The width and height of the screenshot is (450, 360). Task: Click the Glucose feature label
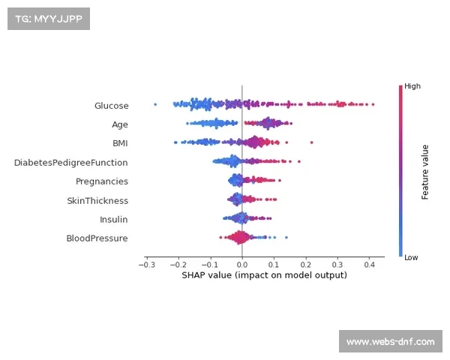(x=111, y=106)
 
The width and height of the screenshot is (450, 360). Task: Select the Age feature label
(x=120, y=124)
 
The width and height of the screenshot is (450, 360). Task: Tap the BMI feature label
(x=120, y=143)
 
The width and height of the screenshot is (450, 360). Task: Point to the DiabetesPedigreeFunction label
(x=70, y=162)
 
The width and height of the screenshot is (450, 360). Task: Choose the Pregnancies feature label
(x=101, y=181)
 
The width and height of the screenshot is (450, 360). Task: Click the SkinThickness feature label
(x=97, y=200)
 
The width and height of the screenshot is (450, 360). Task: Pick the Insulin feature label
(x=113, y=219)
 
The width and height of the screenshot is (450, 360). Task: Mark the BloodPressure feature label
(x=97, y=238)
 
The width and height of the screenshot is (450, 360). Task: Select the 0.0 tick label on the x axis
(x=241, y=265)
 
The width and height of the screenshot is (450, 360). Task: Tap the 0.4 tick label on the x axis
(x=369, y=265)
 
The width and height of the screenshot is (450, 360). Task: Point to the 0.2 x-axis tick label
(x=305, y=265)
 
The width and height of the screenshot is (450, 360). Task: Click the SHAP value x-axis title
(x=264, y=275)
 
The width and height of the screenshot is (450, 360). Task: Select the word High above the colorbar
(x=412, y=86)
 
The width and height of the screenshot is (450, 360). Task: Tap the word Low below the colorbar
(x=412, y=257)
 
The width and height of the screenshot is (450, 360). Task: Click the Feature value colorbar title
(x=425, y=172)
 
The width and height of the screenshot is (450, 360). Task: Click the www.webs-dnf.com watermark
(x=390, y=342)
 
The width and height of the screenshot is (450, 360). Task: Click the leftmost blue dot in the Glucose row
(x=155, y=104)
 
